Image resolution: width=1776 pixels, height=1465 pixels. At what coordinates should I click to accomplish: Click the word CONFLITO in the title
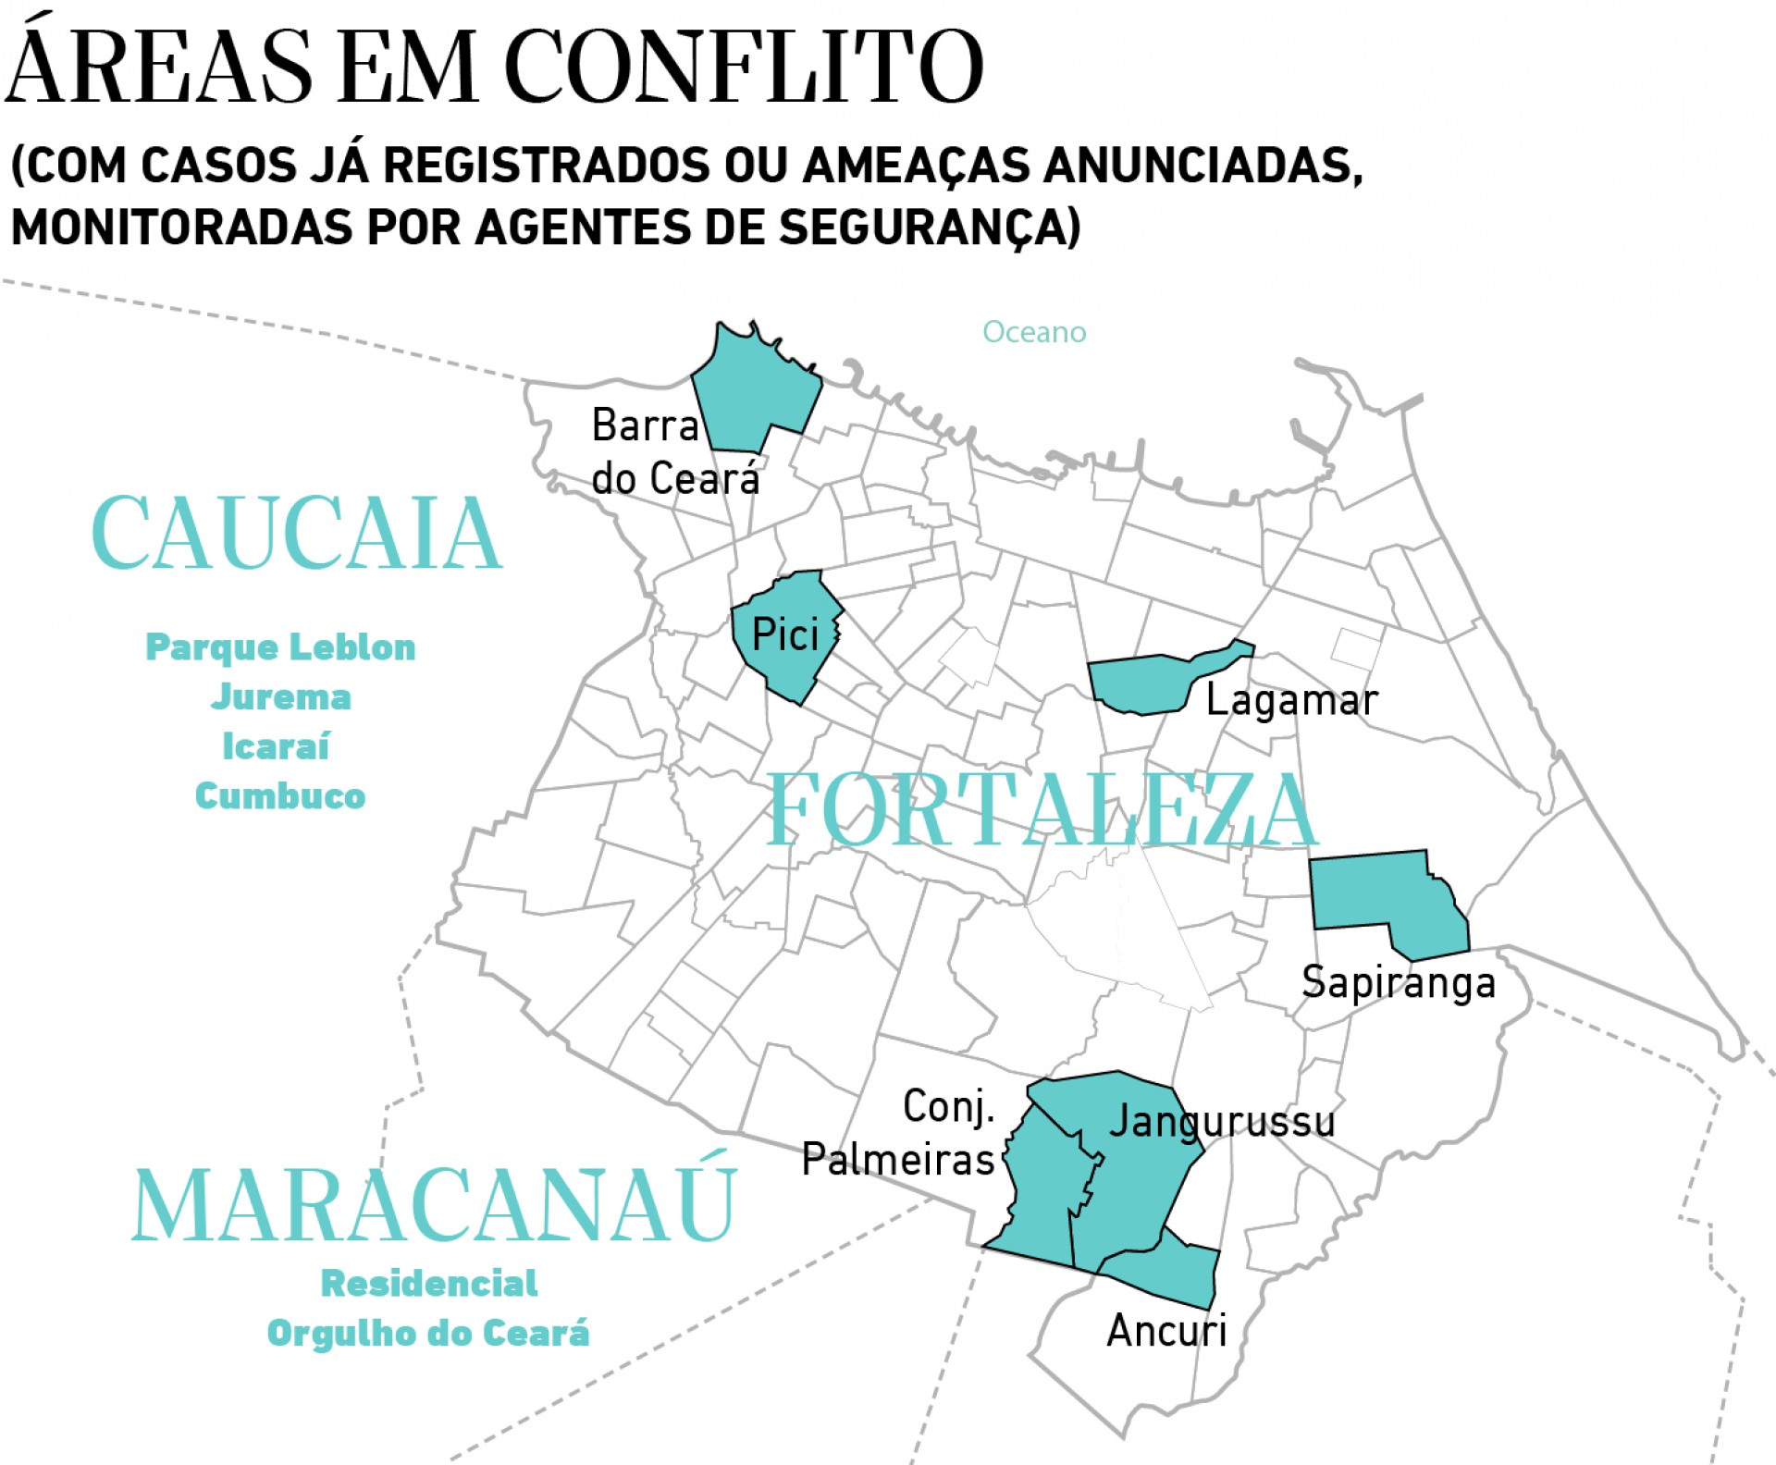(x=743, y=67)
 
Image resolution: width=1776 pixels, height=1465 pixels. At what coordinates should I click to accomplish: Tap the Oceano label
(x=1034, y=332)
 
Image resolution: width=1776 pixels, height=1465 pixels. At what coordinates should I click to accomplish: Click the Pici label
(x=785, y=634)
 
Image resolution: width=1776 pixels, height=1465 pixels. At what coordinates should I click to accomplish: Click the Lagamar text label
(x=1291, y=700)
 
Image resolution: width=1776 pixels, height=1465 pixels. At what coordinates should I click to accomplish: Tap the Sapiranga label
(x=1398, y=982)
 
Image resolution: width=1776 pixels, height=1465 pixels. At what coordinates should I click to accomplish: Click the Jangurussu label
(x=1222, y=1122)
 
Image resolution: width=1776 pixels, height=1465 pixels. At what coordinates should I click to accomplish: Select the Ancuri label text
(x=1166, y=1331)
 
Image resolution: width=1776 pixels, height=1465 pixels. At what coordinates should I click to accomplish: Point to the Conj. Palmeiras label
(x=898, y=1133)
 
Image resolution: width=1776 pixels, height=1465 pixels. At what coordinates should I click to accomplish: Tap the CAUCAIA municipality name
(x=297, y=534)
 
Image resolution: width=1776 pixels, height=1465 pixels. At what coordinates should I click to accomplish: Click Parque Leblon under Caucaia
(x=280, y=647)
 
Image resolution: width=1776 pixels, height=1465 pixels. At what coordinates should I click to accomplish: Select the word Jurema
(x=280, y=697)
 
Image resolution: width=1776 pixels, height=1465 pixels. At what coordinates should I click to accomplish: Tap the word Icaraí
(x=276, y=746)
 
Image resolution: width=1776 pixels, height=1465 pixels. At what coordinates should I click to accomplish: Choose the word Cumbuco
(x=280, y=796)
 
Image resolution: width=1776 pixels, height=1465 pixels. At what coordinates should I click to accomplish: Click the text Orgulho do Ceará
(x=428, y=1333)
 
